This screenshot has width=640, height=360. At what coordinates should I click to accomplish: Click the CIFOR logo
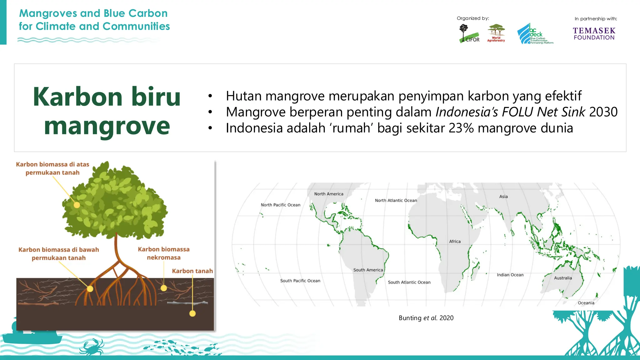click(469, 34)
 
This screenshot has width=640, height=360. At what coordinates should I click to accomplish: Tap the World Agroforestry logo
click(496, 33)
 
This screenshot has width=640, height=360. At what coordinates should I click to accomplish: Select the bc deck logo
click(535, 34)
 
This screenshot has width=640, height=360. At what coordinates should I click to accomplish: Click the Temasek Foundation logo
click(594, 34)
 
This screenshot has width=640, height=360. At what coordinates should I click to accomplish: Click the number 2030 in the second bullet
click(603, 112)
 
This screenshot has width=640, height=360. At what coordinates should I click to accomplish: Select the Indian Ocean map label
click(510, 275)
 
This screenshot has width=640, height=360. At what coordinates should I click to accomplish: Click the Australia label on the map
click(563, 278)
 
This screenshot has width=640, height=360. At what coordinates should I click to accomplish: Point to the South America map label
click(368, 270)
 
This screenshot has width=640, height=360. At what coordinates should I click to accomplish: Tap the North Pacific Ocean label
click(280, 205)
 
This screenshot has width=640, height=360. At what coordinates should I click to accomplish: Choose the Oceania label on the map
click(586, 303)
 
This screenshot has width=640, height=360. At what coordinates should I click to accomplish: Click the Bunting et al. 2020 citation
click(426, 318)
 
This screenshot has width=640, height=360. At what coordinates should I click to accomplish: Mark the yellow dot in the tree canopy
click(77, 205)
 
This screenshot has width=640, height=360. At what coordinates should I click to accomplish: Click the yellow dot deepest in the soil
click(192, 313)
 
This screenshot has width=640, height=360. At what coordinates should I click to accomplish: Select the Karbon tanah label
click(192, 271)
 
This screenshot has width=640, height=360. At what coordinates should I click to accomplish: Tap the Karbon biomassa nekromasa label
click(164, 253)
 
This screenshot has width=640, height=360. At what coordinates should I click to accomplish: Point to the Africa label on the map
click(455, 242)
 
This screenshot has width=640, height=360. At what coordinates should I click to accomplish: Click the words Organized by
click(472, 18)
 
